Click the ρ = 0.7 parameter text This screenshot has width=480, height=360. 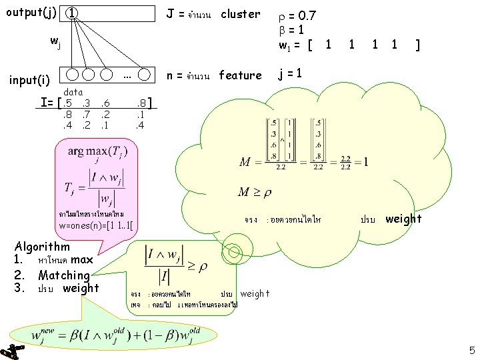(x=297, y=14)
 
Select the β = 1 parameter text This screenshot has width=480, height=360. (x=293, y=29)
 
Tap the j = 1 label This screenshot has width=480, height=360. (x=292, y=74)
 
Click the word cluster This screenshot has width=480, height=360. (x=241, y=14)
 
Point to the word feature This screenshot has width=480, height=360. (x=240, y=75)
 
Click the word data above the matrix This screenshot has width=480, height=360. (x=73, y=92)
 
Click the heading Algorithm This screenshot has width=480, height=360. (x=42, y=247)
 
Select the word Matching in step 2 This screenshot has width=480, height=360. (x=64, y=275)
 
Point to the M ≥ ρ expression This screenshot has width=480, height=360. (x=257, y=193)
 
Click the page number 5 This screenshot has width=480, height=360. (x=471, y=350)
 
